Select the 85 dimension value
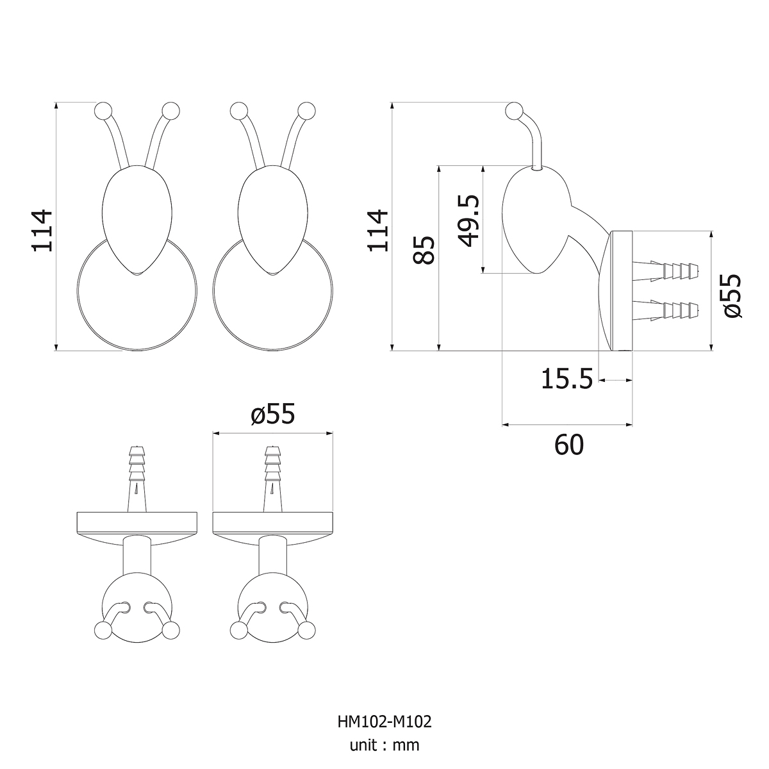coord(423,250)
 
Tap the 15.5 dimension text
coord(566,379)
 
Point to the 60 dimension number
coord(569,445)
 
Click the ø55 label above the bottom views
coord(273,413)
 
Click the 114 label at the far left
coord(42,231)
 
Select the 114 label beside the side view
coord(377,231)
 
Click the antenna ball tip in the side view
coord(514,111)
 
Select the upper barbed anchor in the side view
coord(666,271)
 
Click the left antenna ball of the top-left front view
coord(103,110)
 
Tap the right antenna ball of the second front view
coord(307,110)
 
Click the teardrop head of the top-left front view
coord(137,220)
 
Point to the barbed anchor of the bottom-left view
coord(137,479)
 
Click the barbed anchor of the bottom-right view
coord(272,479)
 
